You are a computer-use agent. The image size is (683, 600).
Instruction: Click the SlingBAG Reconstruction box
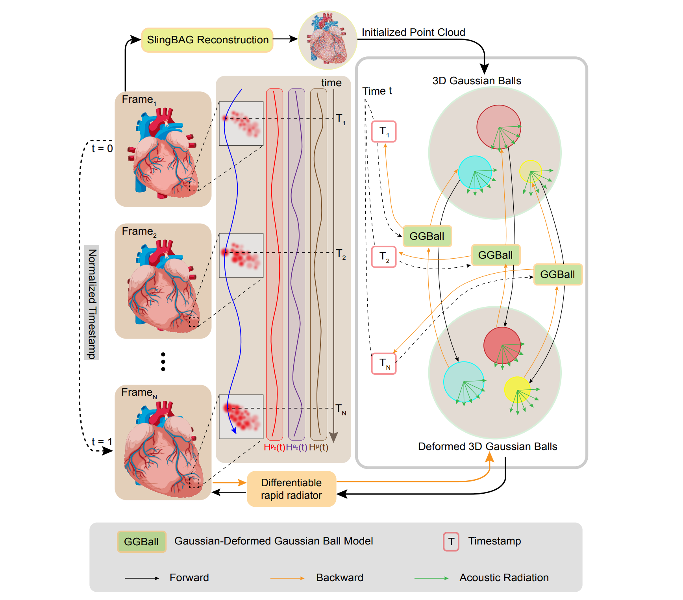coord(207,40)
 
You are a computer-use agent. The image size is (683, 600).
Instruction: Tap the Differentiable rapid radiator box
coord(291,489)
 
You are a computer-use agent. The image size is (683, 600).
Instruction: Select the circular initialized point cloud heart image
coord(328,40)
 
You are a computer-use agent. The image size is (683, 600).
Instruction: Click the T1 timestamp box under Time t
coord(384,131)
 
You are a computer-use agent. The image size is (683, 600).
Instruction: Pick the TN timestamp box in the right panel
coord(384,363)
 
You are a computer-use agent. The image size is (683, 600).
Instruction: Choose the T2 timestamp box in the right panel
coord(384,257)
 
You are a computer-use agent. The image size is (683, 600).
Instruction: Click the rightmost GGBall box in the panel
coord(557,274)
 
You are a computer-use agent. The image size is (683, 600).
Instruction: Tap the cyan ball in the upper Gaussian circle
coord(475,172)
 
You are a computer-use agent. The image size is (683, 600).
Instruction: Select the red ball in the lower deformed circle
coord(502,345)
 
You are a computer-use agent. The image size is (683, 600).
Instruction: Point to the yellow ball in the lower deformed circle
coord(517,389)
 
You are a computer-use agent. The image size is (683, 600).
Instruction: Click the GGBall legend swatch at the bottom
coord(141,542)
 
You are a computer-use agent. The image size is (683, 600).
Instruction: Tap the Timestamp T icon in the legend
coord(451,542)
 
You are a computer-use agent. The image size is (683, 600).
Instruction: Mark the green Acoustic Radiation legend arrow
coord(431,578)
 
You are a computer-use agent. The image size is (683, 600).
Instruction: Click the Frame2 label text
coord(139,231)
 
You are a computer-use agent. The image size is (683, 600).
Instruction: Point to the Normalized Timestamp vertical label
coord(92,303)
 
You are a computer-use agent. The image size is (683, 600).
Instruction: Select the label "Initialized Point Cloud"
coord(413,32)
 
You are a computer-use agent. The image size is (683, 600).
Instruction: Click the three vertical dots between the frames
coord(163,362)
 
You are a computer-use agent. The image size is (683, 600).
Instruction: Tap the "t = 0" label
coord(102,148)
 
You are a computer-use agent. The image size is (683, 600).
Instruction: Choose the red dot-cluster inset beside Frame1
coord(241,124)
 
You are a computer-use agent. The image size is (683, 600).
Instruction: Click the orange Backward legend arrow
coord(287,578)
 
